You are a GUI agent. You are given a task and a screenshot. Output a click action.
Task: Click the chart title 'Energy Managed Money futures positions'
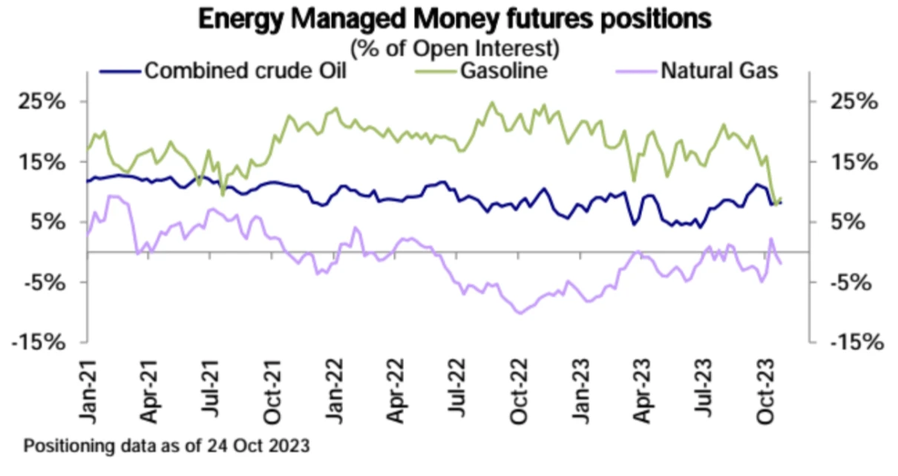pos(454,19)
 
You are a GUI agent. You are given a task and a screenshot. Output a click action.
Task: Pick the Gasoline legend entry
pos(503,71)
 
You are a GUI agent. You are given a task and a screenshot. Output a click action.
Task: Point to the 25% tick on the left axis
pos(46,102)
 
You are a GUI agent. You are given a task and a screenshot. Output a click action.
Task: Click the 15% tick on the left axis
pos(46,162)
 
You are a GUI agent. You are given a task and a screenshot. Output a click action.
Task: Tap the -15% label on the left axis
pos(41,342)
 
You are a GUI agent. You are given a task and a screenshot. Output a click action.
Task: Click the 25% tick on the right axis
pos(854,102)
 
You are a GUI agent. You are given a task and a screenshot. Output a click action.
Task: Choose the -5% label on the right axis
pos(854,282)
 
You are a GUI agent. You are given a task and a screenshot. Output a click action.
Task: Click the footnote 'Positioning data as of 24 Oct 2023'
pos(167,447)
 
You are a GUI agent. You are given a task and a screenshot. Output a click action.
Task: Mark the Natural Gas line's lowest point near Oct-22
pos(519,313)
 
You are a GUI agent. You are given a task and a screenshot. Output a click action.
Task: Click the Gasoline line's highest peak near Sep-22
pos(491,102)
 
